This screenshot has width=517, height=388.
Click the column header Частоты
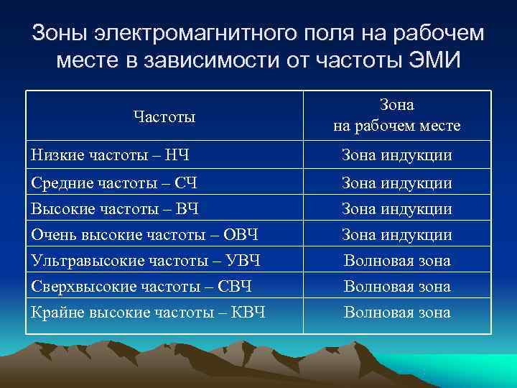[x=164, y=116]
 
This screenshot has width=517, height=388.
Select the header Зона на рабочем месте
[x=396, y=116]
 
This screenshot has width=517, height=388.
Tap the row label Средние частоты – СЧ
[x=115, y=183]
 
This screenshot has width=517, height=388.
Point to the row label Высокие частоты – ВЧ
[x=115, y=209]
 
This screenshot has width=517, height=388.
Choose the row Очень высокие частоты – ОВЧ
[x=144, y=234]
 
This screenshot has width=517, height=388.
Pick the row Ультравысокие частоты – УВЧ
[x=145, y=260]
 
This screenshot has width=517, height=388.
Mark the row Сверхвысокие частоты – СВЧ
[x=141, y=286]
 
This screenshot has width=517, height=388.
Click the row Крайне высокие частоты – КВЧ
[x=149, y=312]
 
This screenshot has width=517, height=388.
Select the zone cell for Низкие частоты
[x=396, y=154]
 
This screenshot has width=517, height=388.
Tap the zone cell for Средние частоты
[x=396, y=183]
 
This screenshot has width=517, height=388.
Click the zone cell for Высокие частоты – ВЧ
[x=396, y=209]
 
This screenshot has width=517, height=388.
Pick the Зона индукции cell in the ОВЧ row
[x=396, y=234]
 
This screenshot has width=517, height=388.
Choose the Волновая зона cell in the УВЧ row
[x=396, y=260]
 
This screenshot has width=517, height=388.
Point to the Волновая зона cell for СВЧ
[x=396, y=286]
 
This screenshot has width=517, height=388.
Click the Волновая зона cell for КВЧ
[x=396, y=312]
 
